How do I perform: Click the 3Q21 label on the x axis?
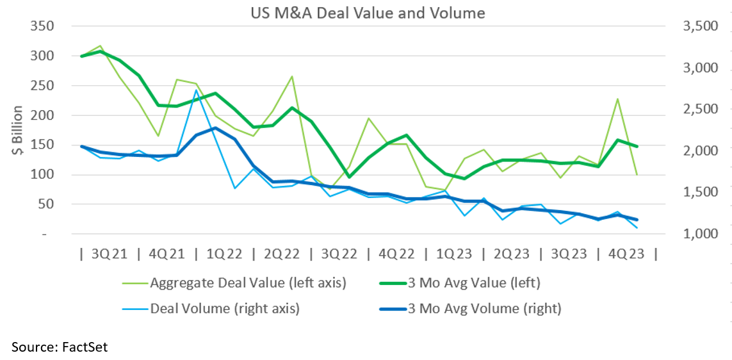[x=110, y=254]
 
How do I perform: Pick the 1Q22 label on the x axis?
[x=224, y=254]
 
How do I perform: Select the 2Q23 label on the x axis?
[x=511, y=254]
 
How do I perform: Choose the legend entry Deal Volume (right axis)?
[x=224, y=308]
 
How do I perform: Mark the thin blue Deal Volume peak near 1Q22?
[x=196, y=90]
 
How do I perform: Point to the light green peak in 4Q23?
[x=617, y=99]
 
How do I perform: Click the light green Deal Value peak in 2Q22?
[x=292, y=76]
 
